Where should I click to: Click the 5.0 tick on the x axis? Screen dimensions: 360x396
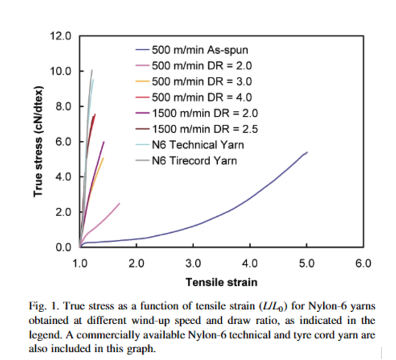tap(306, 262)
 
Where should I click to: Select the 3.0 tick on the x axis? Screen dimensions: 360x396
tap(193, 262)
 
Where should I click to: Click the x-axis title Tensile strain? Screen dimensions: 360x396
tap(221, 281)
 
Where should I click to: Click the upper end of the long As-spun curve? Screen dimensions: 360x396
tap(307, 152)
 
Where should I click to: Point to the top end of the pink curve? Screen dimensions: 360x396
tap(119, 203)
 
